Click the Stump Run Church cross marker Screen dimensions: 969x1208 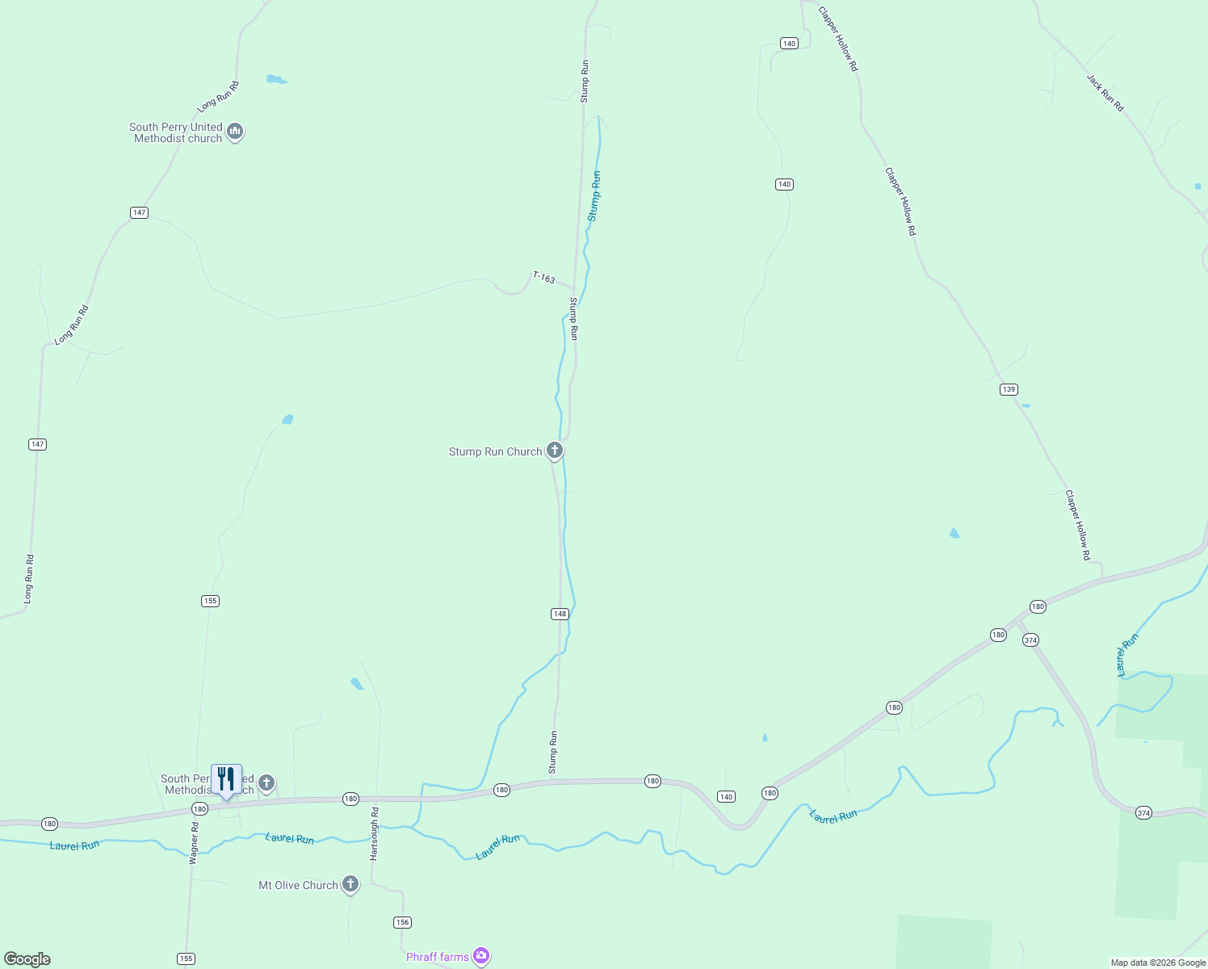[555, 450]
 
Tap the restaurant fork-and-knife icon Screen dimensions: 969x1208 [226, 779]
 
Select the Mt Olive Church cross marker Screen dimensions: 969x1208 [350, 883]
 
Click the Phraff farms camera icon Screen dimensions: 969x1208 [481, 956]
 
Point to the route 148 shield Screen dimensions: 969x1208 [560, 614]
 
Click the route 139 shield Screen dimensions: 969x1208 [1008, 389]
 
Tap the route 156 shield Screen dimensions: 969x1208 [402, 922]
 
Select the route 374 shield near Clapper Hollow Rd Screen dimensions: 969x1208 [1030, 640]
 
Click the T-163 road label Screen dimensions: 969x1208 [543, 278]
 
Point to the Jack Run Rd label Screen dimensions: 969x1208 [1105, 93]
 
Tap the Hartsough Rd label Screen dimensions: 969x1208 [374, 833]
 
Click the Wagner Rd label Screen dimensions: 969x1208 [194, 844]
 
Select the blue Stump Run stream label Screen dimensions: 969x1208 [594, 196]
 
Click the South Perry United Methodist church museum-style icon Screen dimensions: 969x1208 [235, 131]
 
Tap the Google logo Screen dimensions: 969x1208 [27, 959]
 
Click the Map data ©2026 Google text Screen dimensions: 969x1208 [1157, 963]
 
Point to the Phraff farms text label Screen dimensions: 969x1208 [437, 957]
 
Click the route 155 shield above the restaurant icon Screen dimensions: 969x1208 [210, 601]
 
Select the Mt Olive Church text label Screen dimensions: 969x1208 [298, 885]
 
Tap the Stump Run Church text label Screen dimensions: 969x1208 [495, 451]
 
